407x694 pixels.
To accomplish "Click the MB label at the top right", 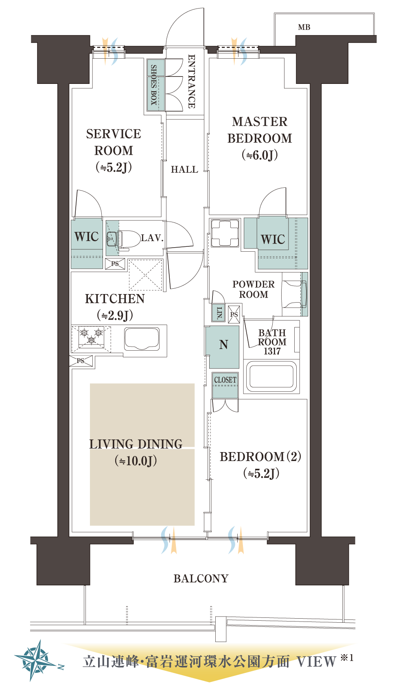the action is click(304, 27).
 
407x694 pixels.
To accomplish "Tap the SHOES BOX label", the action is click(154, 85).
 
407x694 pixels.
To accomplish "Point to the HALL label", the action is click(184, 169).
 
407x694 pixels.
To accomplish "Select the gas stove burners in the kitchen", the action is click(91, 337).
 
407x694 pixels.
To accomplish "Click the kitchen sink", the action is click(142, 338).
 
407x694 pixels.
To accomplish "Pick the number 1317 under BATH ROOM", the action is click(272, 351).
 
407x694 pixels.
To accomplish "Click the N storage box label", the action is click(223, 345).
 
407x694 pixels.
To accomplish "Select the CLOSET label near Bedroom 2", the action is click(225, 380).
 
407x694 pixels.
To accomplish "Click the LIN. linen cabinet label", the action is click(219, 313).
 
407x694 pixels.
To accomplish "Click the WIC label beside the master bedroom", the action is click(273, 239).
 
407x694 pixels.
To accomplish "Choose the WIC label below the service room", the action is click(86, 237).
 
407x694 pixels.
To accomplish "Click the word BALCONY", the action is click(201, 578).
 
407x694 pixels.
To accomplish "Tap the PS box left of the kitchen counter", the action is click(81, 361).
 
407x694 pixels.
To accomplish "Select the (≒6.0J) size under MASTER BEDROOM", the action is click(260, 155).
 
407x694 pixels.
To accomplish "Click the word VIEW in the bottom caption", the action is click(316, 661).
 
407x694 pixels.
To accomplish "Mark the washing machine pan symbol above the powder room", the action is click(225, 233).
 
